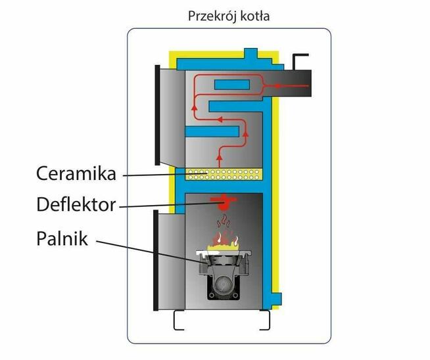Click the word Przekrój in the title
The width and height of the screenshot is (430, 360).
click(207, 15)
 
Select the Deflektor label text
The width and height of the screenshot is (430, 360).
click(76, 205)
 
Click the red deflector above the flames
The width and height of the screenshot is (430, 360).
click(224, 202)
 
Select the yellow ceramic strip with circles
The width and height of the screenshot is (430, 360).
click(224, 174)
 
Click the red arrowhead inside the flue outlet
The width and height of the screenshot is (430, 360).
click(277, 85)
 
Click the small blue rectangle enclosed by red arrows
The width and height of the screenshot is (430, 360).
click(231, 85)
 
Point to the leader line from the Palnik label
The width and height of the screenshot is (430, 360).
click(151, 252)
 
